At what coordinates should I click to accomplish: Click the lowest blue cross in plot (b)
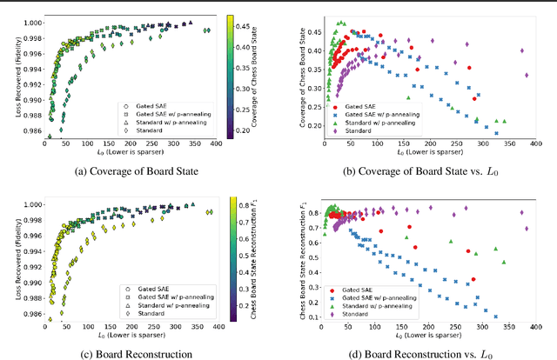pos(496,133)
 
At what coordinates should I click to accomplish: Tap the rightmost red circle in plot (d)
pos(473,279)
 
